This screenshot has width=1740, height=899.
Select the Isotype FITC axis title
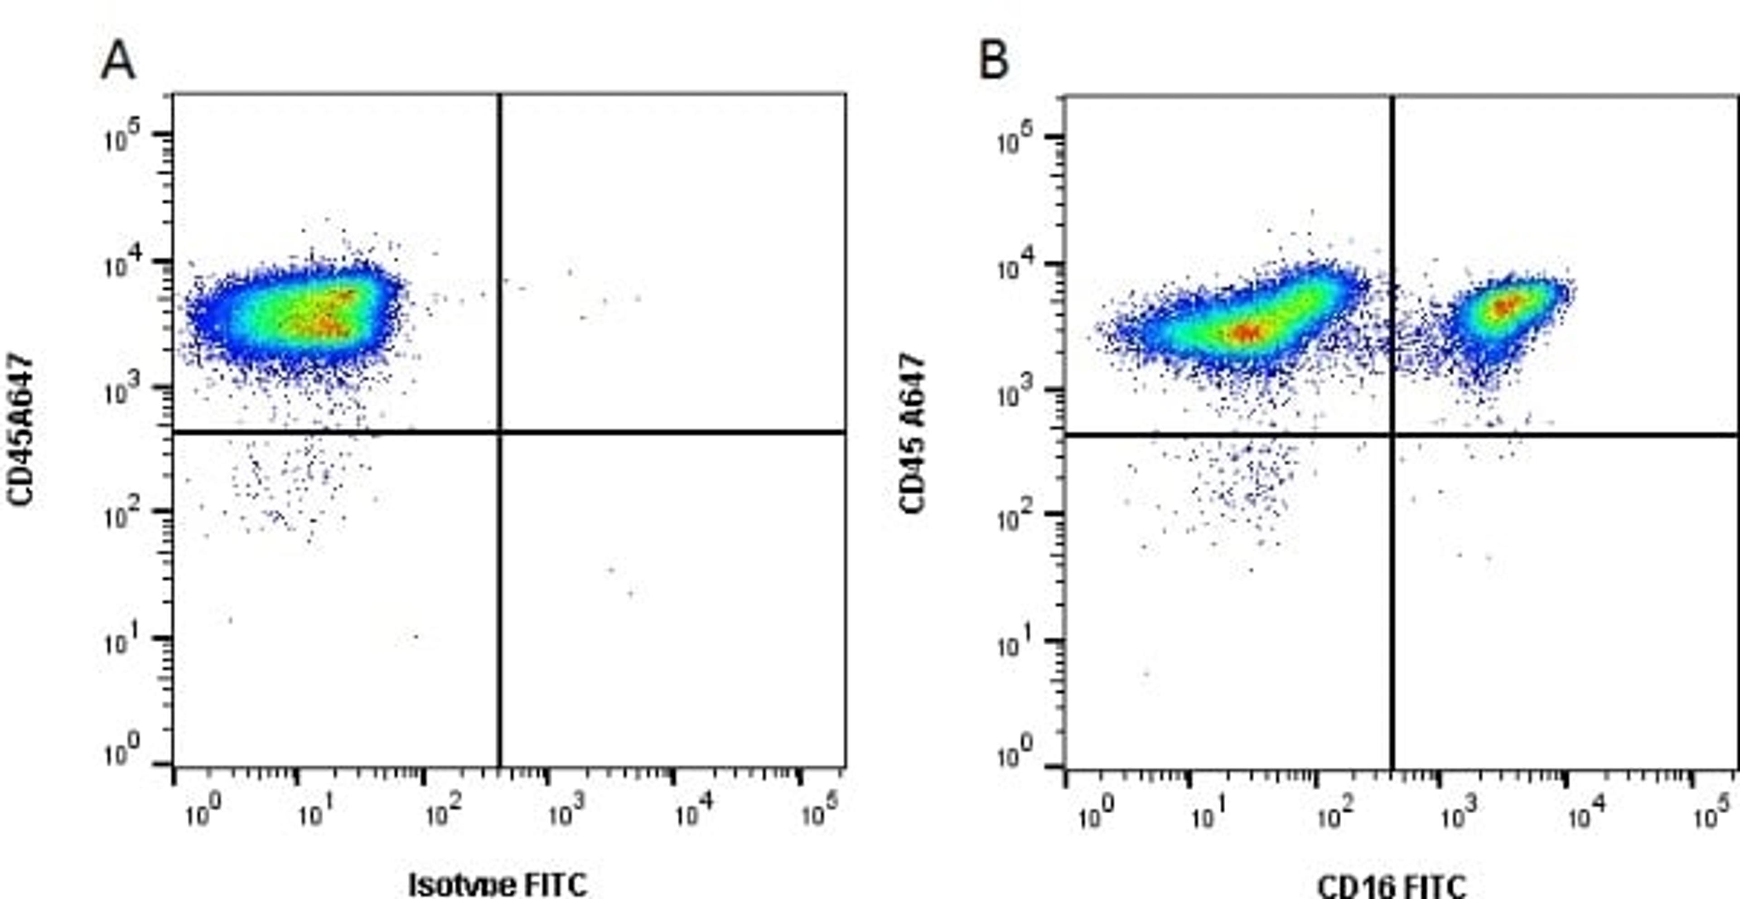(x=498, y=884)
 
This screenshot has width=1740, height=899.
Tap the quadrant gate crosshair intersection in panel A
(x=500, y=431)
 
